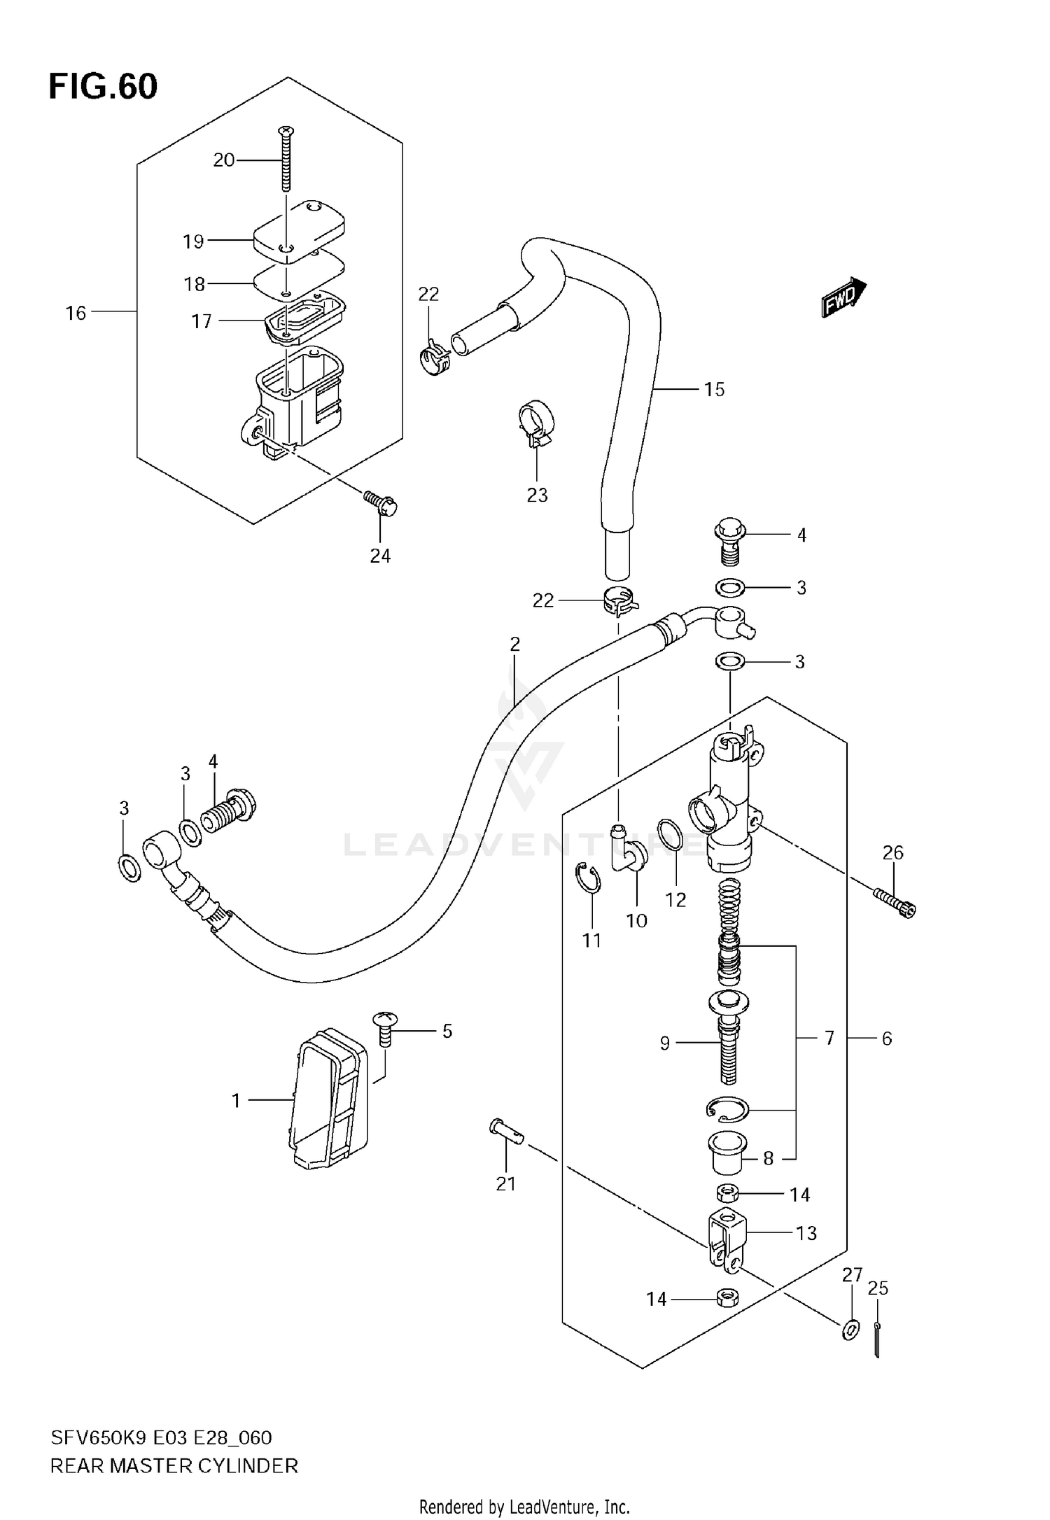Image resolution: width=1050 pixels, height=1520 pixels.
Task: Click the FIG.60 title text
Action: tap(103, 87)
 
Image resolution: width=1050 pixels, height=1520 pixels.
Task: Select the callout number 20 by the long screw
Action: tap(223, 160)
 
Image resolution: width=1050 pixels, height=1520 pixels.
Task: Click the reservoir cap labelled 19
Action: tap(300, 231)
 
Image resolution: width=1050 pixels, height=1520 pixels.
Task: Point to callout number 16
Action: tap(76, 313)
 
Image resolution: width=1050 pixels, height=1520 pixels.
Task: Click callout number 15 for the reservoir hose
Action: tap(714, 389)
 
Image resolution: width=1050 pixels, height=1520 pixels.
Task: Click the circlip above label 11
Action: tap(589, 878)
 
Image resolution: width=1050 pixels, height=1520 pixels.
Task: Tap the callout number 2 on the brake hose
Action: tap(514, 644)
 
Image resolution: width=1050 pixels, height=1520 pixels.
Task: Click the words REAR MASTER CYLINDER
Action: tap(174, 1465)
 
